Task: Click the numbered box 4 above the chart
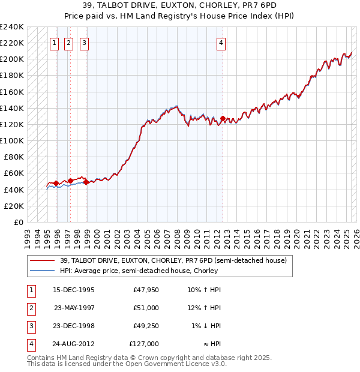[221, 43]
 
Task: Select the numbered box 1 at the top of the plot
[54, 43]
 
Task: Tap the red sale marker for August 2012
[223, 119]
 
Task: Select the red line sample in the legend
[42, 260]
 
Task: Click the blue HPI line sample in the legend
[42, 271]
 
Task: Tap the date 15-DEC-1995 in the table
[74, 290]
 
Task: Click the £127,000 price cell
[144, 344]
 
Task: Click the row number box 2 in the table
[30, 308]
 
